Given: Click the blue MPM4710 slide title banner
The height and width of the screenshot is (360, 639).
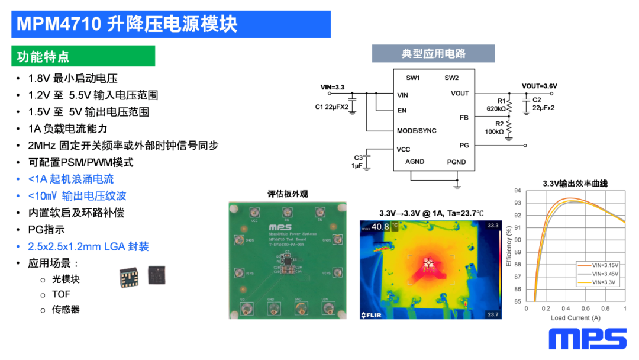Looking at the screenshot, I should [x=171, y=24].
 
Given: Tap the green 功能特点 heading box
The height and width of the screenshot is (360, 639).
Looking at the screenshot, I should [x=83, y=56].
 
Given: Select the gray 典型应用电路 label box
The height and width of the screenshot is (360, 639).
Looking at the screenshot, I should [x=433, y=54].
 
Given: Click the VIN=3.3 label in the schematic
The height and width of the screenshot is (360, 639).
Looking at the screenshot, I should [x=332, y=87].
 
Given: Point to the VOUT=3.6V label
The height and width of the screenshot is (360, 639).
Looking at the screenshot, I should [x=539, y=86].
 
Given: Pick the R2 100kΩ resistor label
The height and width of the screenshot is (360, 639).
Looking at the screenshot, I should [x=495, y=127].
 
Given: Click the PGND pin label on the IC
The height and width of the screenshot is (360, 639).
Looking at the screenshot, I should [x=456, y=162].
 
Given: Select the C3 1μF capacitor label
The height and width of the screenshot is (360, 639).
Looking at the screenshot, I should [x=358, y=161].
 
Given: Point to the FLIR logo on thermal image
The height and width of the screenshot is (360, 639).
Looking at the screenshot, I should [x=372, y=314].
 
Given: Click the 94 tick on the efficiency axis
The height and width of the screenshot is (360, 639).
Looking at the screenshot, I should [x=518, y=191].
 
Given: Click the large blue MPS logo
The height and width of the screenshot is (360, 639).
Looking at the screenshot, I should [x=587, y=339].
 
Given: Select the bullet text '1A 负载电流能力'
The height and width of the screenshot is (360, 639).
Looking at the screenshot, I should [x=68, y=128].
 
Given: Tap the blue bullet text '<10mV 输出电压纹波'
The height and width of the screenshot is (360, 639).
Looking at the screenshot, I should [x=77, y=196].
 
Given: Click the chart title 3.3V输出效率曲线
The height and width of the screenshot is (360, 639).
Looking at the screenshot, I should [x=575, y=184].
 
